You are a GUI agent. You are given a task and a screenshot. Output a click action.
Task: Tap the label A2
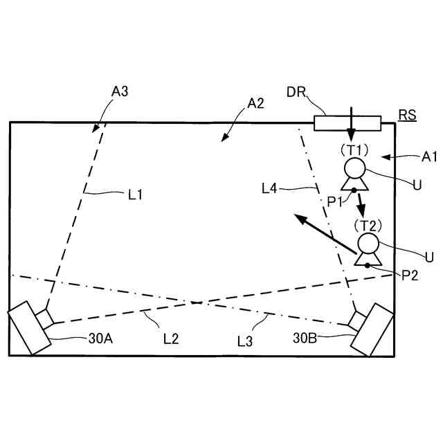[255, 104]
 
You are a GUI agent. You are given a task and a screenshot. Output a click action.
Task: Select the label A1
[430, 157]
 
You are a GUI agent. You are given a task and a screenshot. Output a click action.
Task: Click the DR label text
[297, 92]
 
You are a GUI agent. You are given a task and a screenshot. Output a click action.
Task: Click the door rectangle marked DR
[347, 123]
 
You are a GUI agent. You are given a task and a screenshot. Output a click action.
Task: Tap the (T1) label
[353, 149]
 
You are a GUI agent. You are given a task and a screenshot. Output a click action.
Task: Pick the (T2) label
[367, 225]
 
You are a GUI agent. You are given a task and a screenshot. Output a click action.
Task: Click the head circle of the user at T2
[368, 244]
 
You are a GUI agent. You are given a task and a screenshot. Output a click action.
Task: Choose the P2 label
[410, 275]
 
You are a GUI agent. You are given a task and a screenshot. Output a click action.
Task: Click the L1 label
[135, 195]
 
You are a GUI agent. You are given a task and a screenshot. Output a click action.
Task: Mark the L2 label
[171, 338]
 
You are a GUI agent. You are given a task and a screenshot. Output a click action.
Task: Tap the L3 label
[246, 340]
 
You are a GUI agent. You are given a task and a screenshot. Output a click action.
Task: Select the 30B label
[305, 338]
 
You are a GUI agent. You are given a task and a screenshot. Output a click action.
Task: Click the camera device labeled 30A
[29, 327]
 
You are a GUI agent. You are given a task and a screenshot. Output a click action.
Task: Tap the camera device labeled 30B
[372, 327]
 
